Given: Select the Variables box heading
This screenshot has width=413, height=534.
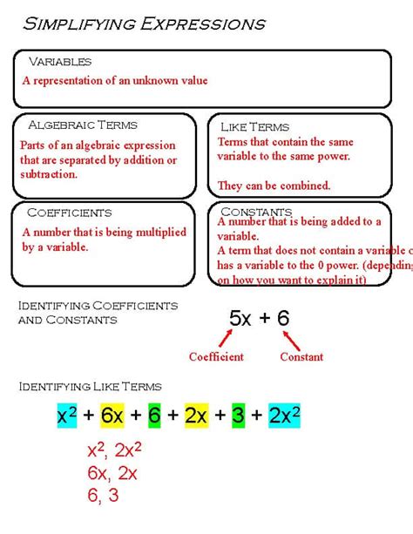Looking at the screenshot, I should point(60,62).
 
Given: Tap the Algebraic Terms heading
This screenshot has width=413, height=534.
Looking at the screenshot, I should point(83,125).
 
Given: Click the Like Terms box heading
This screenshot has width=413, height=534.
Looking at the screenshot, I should point(254,127).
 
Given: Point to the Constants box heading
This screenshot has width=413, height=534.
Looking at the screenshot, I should point(256,212).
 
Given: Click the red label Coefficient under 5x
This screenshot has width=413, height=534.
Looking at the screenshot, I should point(217,356).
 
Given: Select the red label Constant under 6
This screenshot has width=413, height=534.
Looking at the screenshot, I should point(301,356).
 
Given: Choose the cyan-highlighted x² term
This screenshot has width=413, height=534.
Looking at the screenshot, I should point(67,416).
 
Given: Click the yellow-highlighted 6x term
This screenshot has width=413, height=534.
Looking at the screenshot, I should point(114,416).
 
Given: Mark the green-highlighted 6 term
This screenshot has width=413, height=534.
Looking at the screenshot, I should point(154,416).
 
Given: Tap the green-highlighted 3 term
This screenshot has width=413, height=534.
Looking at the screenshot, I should point(237,416).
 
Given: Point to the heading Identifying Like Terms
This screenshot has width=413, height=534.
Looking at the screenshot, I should point(90,386).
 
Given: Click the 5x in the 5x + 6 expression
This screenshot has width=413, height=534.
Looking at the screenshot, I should point(240,318).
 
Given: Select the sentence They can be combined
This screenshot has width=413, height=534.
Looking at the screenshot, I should point(274,185).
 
